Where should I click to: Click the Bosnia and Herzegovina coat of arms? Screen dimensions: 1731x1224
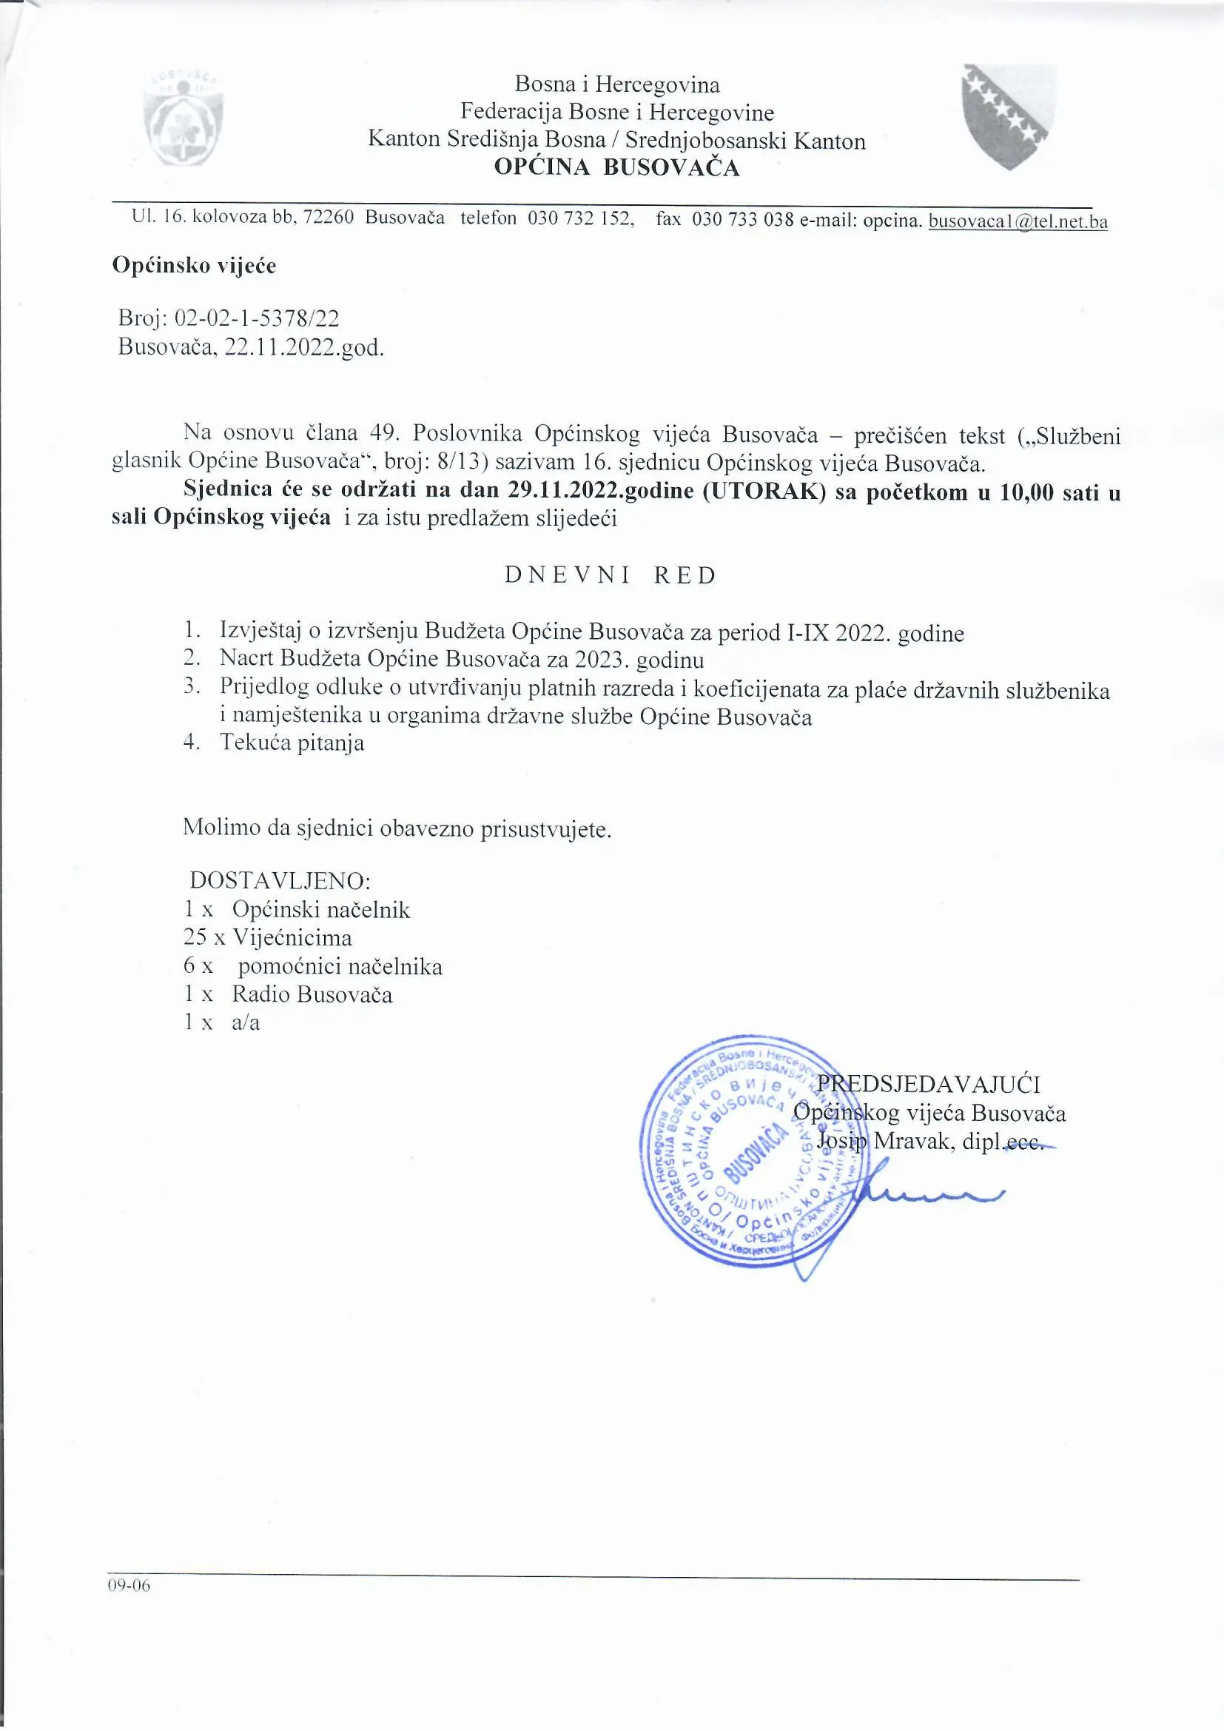click(x=1009, y=115)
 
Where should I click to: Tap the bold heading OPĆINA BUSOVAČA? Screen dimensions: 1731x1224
click(x=616, y=167)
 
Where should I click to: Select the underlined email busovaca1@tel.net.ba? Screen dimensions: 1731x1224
click(x=1018, y=221)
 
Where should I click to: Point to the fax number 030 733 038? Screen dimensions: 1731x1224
click(x=742, y=219)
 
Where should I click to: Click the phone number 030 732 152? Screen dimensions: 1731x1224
click(x=579, y=219)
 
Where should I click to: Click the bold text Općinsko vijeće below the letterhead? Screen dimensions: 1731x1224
click(x=195, y=265)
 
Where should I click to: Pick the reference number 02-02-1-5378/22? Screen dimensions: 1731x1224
click(x=256, y=318)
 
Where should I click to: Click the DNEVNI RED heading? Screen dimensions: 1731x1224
click(x=611, y=576)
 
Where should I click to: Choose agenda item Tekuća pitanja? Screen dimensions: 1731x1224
click(x=292, y=743)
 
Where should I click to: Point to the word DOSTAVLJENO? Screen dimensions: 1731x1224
click(x=280, y=880)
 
